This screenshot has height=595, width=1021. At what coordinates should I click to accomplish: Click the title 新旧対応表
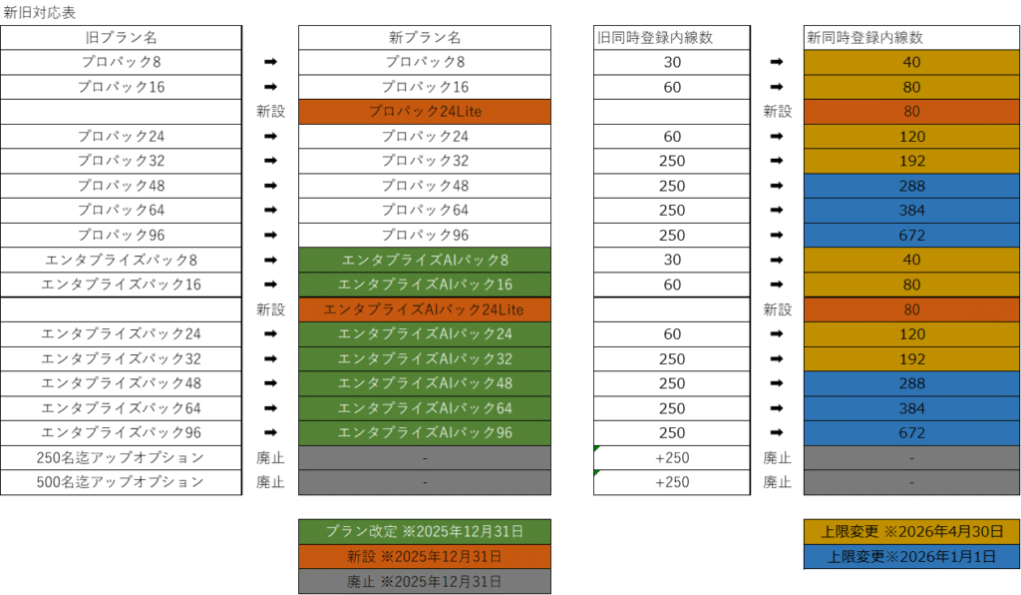coord(39,13)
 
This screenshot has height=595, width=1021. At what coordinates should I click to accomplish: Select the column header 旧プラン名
coord(121,38)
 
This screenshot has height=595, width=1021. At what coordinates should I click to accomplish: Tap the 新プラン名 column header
coord(425,38)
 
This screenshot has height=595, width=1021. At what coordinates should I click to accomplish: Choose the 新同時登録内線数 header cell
coord(911,38)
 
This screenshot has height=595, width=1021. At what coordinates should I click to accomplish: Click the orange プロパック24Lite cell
coord(425,112)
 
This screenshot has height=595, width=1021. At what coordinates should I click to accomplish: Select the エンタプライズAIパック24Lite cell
coord(425,309)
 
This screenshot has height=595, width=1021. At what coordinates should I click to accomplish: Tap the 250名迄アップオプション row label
coord(121,458)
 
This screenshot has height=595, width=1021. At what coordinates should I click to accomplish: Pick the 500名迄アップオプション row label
coord(121,482)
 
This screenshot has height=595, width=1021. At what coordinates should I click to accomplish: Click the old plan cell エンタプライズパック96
coord(121,433)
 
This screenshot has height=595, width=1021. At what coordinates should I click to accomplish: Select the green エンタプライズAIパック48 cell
coord(425,383)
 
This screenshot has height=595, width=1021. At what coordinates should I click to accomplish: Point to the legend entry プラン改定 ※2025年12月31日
coord(425,531)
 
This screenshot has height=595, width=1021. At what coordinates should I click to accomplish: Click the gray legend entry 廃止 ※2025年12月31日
coord(425,581)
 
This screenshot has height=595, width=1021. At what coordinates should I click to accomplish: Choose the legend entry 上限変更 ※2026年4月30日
coord(911,532)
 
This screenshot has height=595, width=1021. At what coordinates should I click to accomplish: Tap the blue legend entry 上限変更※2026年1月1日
coord(911,557)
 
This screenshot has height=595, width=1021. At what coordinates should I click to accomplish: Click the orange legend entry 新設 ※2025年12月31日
coord(425,556)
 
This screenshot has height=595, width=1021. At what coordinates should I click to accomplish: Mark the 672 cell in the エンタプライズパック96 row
coord(911,433)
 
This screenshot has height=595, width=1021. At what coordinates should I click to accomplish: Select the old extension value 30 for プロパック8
coord(671,62)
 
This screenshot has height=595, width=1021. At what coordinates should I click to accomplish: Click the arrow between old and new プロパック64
coord(270,211)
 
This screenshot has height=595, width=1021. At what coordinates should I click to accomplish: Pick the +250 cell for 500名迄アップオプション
coord(671,482)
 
